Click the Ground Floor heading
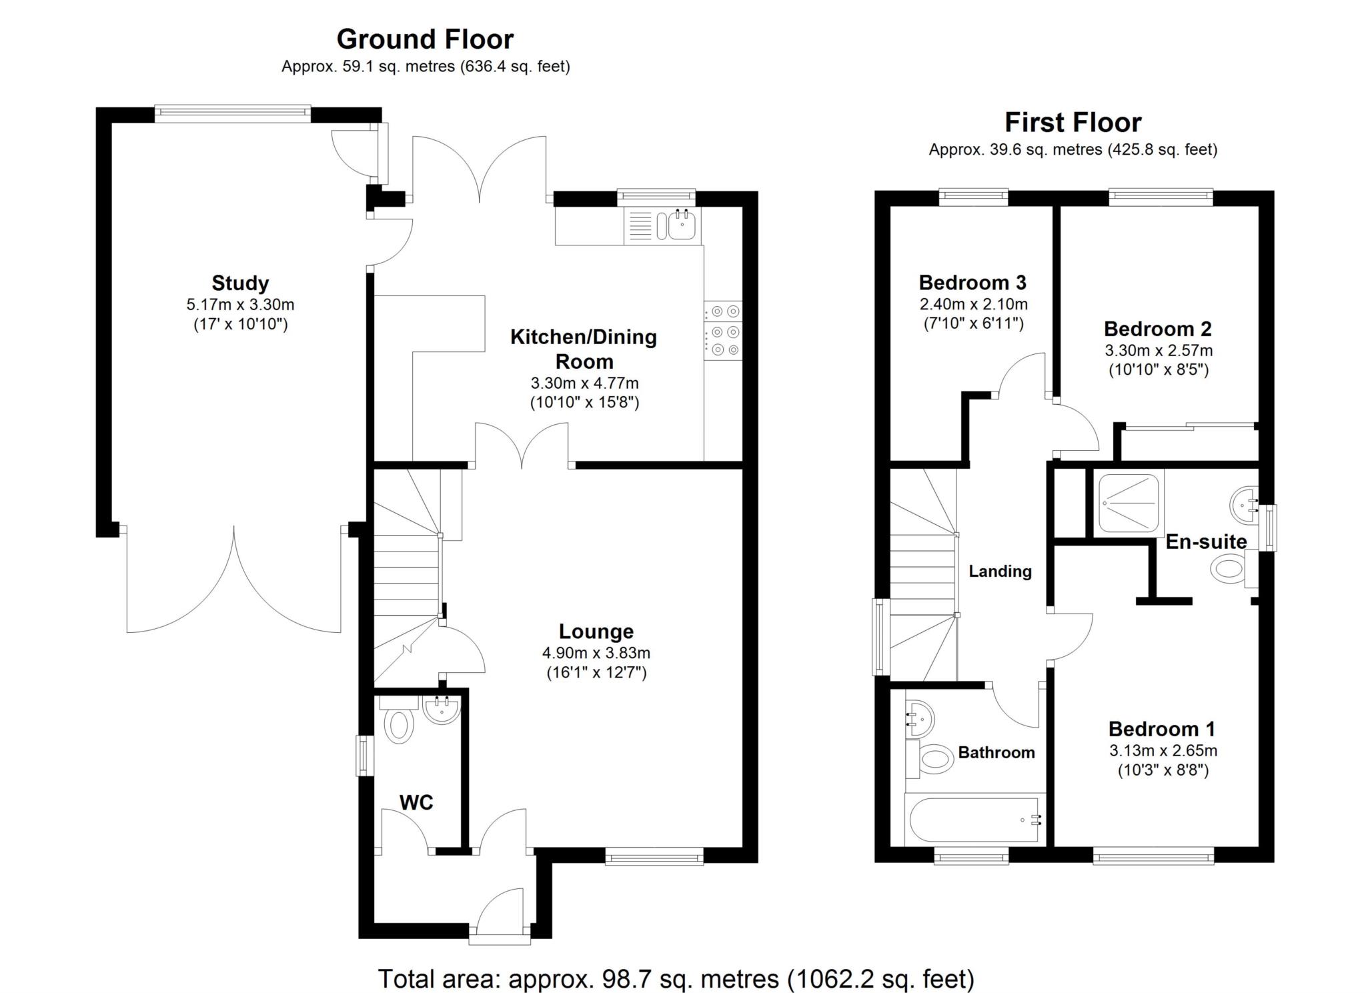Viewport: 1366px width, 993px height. pos(425,39)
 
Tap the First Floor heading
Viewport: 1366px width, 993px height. pos(1073,123)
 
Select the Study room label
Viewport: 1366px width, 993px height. pos(240,283)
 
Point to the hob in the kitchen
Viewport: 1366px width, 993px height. pos(723,330)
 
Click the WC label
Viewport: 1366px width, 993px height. pos(416,802)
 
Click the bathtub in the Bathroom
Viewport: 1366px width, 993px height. pos(974,820)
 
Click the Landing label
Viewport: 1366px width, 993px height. pos(1000,571)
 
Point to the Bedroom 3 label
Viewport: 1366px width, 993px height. pos(972,282)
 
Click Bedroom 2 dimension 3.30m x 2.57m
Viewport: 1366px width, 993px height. pos(1159,350)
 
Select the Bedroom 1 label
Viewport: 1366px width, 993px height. pos(1162,728)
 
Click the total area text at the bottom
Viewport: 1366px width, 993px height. pos(676,979)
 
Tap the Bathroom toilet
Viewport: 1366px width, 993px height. pos(930,758)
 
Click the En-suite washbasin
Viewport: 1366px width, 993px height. pos(1243,504)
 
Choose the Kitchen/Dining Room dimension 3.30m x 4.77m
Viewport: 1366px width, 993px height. pos(584,383)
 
